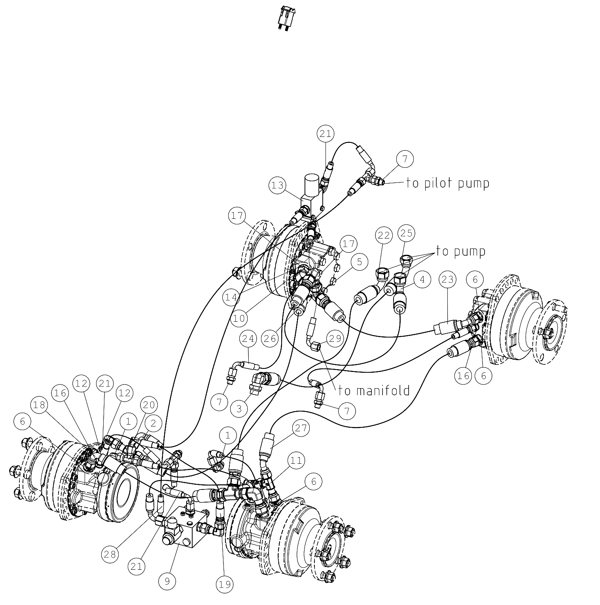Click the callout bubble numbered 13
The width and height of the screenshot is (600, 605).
278,185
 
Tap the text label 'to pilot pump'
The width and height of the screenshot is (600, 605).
448,183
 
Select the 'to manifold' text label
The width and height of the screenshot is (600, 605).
374,391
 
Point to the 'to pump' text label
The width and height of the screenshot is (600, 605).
461,251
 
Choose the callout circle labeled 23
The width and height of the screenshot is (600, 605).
447,280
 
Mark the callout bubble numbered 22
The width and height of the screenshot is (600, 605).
384,235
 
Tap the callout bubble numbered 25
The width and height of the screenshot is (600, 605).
406,233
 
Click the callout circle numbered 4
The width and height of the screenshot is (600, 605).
423,279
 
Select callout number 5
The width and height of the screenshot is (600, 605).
360,262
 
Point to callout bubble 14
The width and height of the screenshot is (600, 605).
231,297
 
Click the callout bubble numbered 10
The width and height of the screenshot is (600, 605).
240,318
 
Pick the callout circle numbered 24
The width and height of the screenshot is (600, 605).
248,339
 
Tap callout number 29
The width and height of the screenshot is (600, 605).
335,338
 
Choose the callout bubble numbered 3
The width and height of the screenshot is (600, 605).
239,408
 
